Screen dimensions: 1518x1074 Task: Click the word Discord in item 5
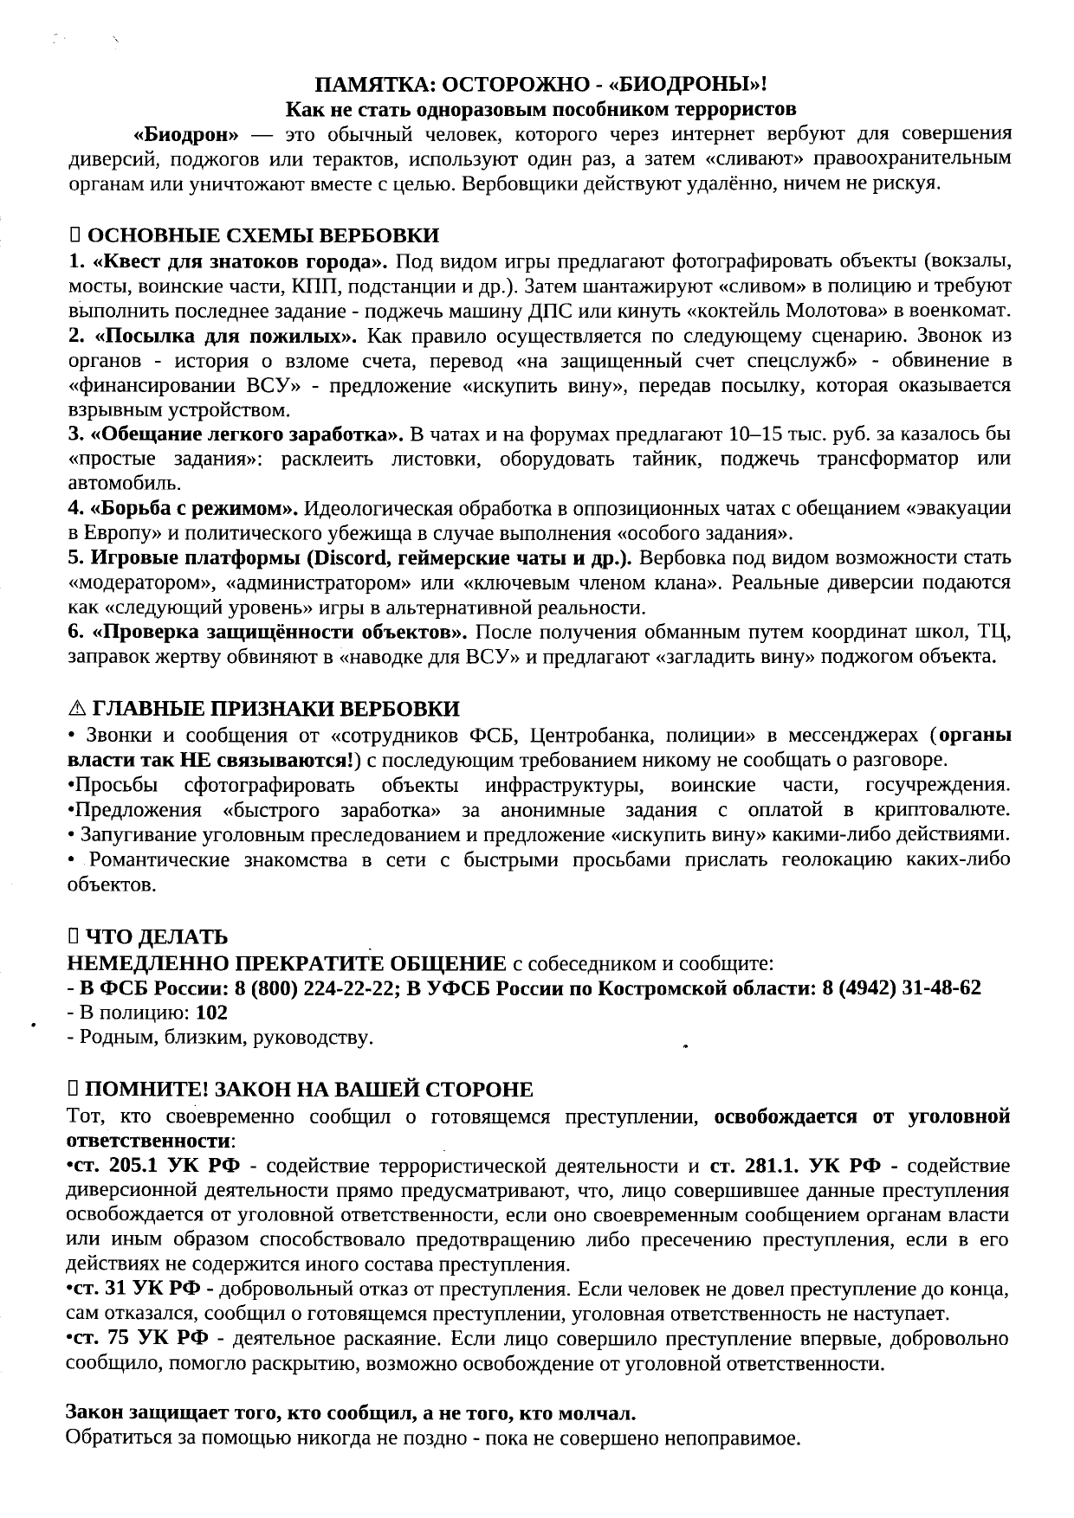click(346, 556)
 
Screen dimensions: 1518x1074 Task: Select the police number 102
click(212, 1012)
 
